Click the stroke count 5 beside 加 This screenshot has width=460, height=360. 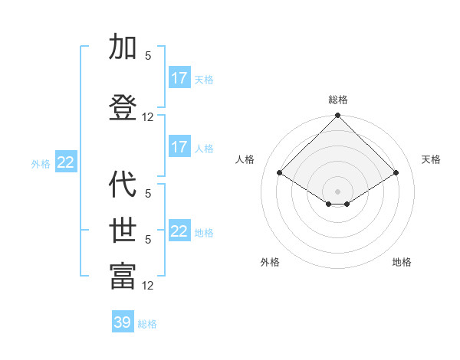(148, 55)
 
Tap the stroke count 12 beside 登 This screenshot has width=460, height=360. (148, 117)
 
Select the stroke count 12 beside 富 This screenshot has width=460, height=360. (148, 286)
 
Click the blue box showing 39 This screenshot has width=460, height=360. (123, 322)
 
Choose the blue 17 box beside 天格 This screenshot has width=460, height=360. (179, 78)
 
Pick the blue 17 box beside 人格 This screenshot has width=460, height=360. (179, 147)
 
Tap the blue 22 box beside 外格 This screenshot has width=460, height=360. (66, 162)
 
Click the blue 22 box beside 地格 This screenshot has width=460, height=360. (179, 231)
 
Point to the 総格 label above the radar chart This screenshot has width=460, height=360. (337, 100)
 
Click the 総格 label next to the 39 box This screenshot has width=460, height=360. (147, 324)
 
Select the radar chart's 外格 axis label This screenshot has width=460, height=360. (270, 262)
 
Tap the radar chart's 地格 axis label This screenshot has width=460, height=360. (402, 262)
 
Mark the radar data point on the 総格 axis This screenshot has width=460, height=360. (337, 116)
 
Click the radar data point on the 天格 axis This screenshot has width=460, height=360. (396, 173)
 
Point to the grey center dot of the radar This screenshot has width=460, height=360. (337, 190)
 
